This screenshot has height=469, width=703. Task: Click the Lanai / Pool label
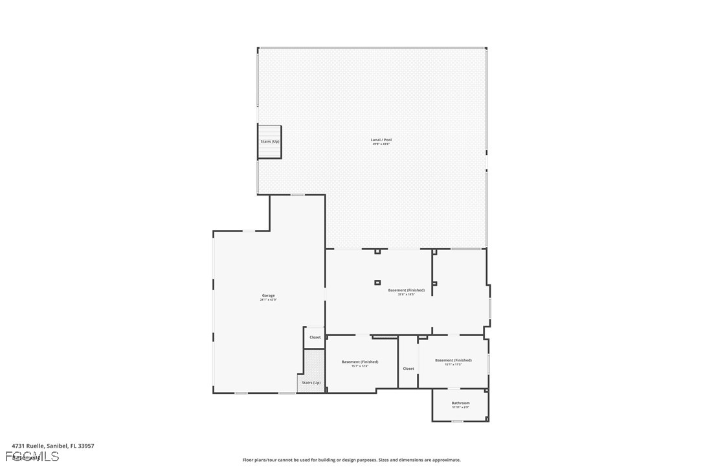tap(381, 140)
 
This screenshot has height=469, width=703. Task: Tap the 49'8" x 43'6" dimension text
tap(381, 144)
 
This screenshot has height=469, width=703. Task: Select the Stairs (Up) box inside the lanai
tap(270, 142)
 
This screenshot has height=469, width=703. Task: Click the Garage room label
tap(268, 295)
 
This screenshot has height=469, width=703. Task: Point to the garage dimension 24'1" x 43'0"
tap(268, 300)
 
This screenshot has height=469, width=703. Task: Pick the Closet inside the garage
tap(315, 337)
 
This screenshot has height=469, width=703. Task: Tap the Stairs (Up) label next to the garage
tap(311, 383)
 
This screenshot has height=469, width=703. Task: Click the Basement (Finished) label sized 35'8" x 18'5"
tap(407, 290)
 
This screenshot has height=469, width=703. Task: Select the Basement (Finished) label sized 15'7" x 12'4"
tap(360, 362)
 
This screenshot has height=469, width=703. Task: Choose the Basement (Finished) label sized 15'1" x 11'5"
tap(453, 360)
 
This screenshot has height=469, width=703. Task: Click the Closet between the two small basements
tap(408, 369)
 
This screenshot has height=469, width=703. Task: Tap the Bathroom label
tap(460, 403)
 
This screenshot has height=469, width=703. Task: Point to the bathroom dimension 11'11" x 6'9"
tap(460, 407)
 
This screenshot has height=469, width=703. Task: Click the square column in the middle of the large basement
tap(377, 282)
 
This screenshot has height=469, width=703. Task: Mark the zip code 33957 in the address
tap(86, 446)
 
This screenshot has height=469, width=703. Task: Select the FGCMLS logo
tap(36, 457)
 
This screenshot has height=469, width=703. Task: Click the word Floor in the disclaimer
tap(249, 460)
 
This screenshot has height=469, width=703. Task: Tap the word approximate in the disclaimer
tap(445, 460)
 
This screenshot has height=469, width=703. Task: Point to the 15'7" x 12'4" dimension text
tap(360, 367)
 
